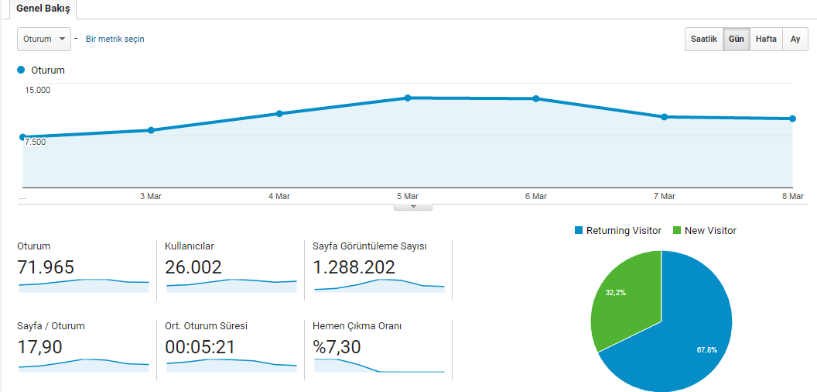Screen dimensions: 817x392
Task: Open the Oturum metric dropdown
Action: click(44, 40)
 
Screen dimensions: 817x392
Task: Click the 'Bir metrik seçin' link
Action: click(115, 40)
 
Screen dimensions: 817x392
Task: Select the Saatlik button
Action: click(704, 40)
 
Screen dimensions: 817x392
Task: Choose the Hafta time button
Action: click(766, 40)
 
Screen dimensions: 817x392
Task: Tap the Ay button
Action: click(795, 40)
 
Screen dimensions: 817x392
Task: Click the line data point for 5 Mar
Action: click(408, 98)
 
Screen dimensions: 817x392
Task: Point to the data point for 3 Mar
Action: click(151, 130)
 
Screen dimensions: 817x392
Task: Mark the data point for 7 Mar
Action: click(665, 117)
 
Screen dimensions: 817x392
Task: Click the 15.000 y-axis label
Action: click(37, 91)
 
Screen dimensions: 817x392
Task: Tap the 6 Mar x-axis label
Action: click(535, 196)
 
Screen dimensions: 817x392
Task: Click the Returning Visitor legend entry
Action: click(618, 230)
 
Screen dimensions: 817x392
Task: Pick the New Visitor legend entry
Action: click(705, 230)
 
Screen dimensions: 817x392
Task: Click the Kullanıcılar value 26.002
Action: click(193, 267)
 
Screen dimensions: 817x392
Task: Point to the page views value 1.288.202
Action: click(354, 267)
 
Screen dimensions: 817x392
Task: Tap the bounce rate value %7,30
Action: click(337, 346)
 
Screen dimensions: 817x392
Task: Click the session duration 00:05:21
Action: click(200, 346)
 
